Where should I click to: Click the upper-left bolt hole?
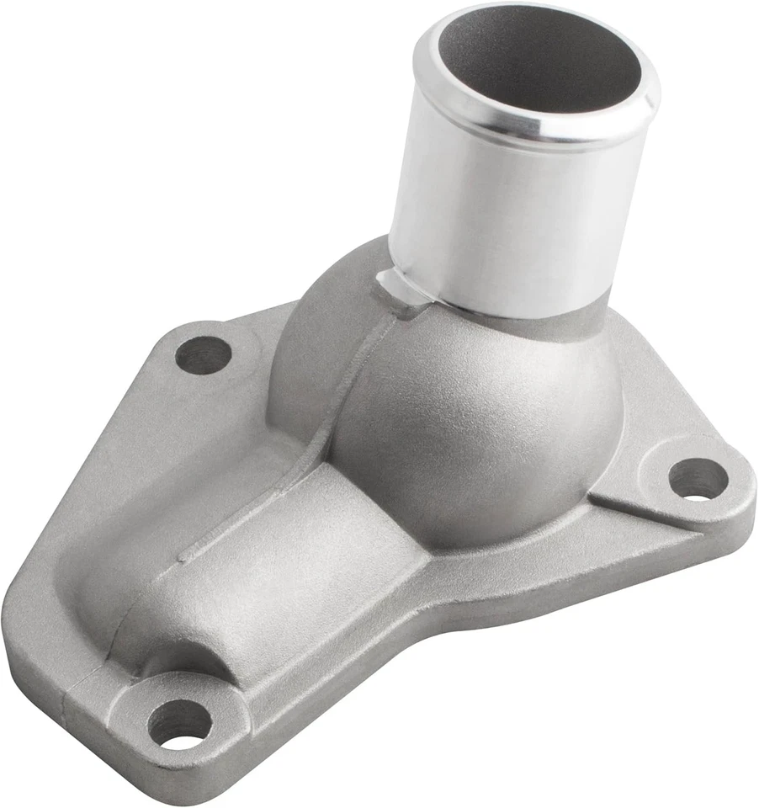coord(203,354)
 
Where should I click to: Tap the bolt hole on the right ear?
coord(698,478)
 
